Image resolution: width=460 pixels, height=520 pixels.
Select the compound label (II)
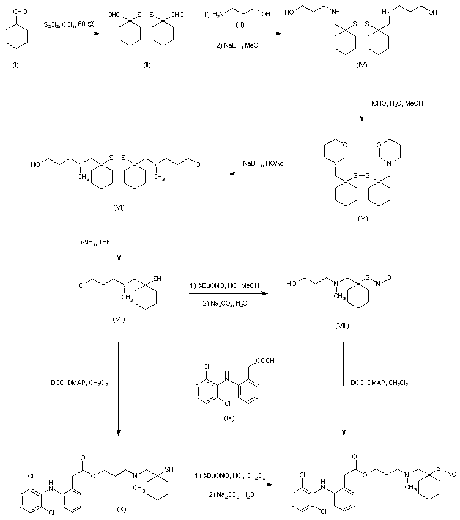146,65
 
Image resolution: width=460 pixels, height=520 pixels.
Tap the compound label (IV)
362,65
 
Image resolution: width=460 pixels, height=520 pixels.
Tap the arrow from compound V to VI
262,175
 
